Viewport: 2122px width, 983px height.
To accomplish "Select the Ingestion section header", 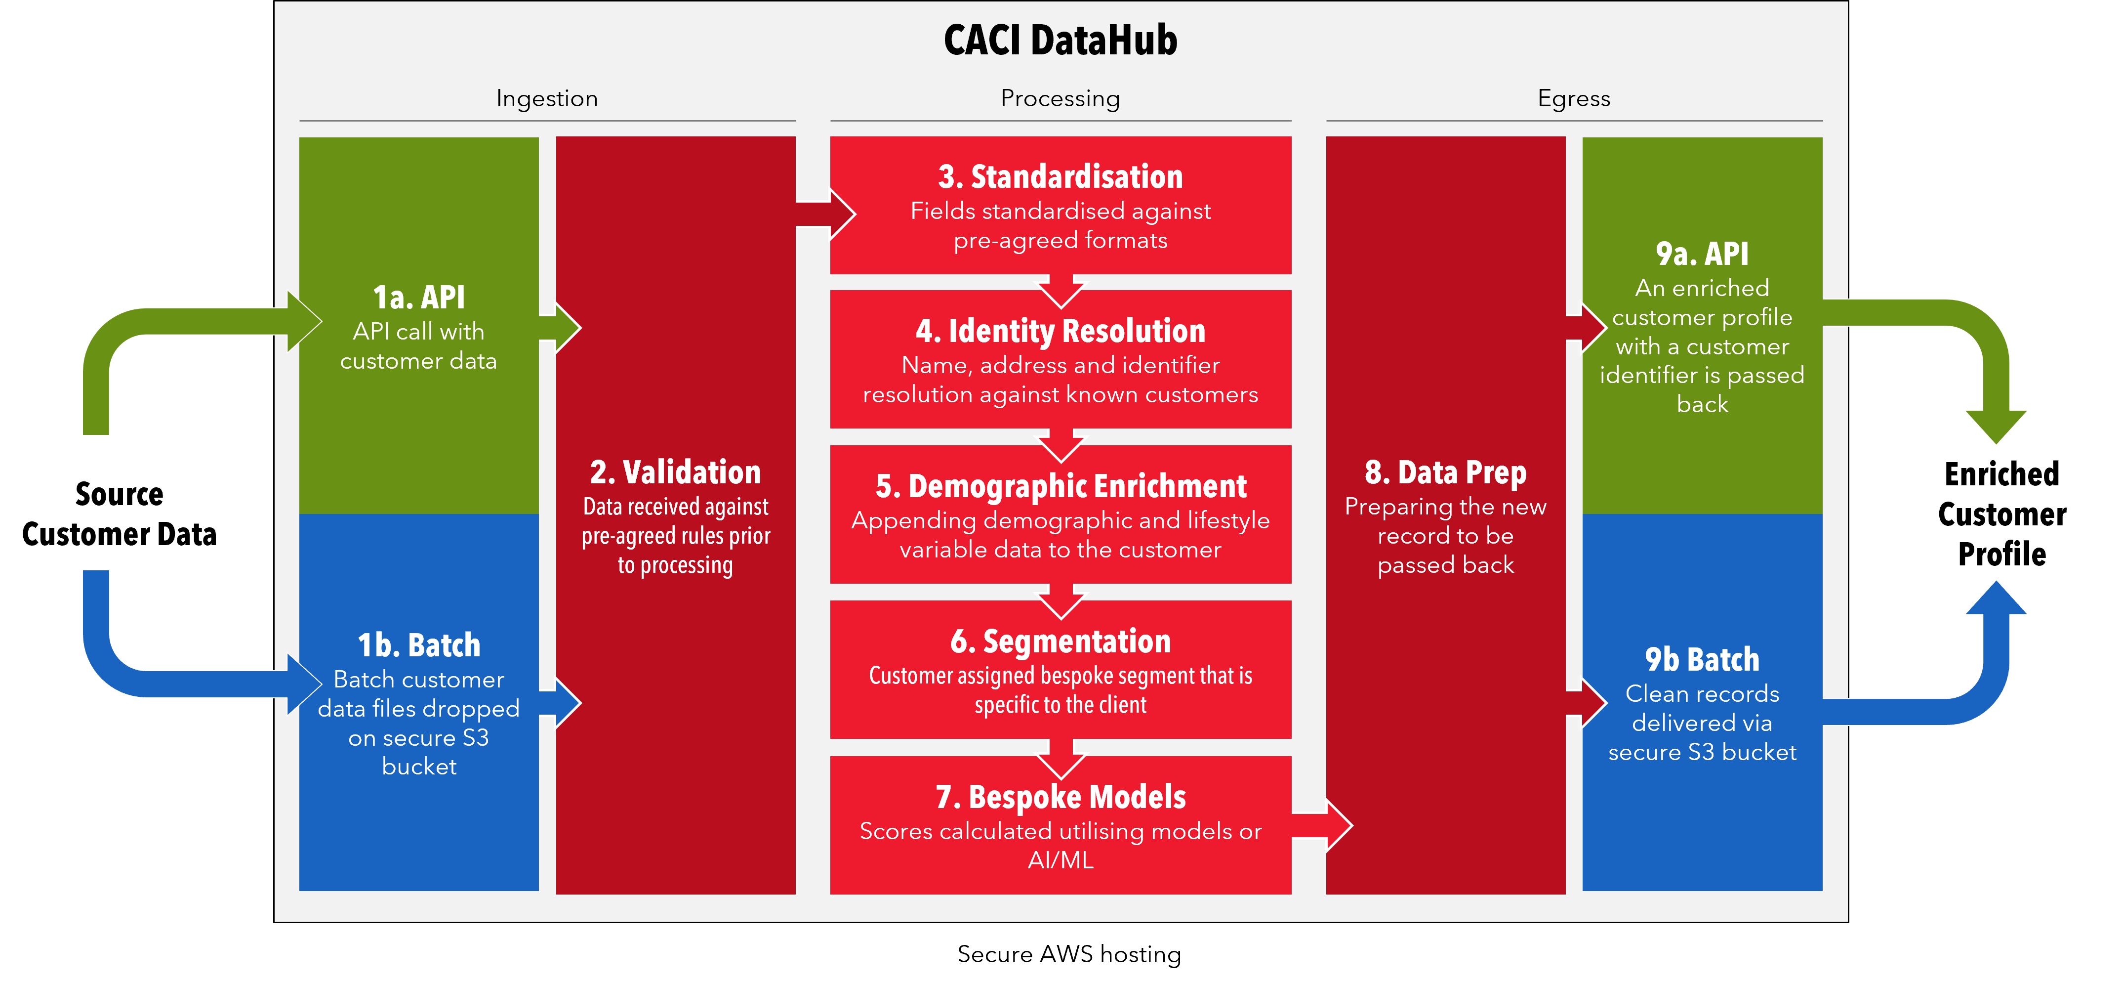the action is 547,99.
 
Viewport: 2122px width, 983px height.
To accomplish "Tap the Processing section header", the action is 1060,99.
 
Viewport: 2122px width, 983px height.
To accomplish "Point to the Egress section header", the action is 1573,99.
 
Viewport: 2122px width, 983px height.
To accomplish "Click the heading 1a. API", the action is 418,298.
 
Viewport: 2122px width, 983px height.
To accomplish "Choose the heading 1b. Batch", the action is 418,645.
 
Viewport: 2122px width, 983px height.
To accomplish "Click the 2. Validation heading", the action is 676,472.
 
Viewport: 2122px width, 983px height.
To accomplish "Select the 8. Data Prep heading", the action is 1446,472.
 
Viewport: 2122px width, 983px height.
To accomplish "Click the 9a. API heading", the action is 1702,254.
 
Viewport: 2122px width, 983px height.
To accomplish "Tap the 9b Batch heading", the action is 1702,659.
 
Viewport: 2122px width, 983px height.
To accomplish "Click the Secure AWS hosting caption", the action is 1069,954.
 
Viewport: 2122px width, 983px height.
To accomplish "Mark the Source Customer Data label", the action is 120,514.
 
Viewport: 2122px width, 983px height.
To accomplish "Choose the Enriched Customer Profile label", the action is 2002,514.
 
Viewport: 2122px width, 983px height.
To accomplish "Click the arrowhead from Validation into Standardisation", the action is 842,214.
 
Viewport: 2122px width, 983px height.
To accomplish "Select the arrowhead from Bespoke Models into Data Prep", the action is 1339,825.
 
